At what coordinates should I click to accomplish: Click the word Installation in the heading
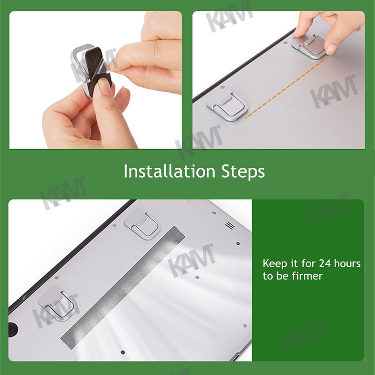[170, 171]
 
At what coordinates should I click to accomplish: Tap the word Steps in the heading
[243, 172]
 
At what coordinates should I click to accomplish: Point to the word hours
[347, 263]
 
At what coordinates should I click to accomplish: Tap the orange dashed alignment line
[285, 89]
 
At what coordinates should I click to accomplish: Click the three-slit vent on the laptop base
[230, 225]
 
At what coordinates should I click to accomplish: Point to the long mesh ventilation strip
[123, 285]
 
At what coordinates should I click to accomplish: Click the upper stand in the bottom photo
[142, 224]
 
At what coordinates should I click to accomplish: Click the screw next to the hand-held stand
[285, 43]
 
